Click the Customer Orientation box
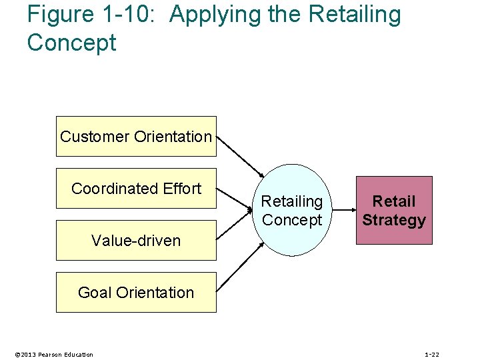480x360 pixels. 136,137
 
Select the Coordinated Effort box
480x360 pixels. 136,189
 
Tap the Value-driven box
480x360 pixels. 136,241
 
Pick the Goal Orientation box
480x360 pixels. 136,293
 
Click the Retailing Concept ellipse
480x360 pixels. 292,210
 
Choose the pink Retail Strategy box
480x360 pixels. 394,210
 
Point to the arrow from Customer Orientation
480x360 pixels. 241,155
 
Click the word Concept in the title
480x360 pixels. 71,43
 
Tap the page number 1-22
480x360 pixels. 432,354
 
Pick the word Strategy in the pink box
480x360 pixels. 394,220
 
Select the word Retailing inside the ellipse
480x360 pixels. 292,201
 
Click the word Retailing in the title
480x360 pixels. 354,15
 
